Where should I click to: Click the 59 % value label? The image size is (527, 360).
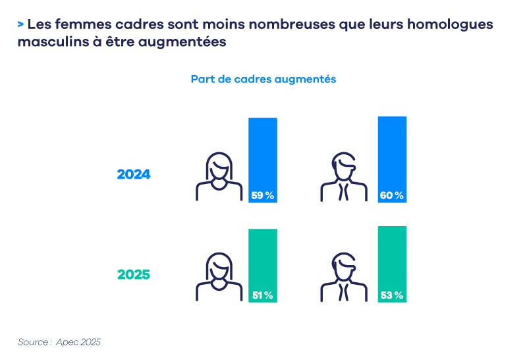pos(263,195)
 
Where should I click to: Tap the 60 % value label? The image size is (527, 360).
pos(392,195)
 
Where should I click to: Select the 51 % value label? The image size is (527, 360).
pos(263,295)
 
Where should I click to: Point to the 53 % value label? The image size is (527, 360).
pos(392,295)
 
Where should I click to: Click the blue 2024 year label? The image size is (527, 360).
pos(134,175)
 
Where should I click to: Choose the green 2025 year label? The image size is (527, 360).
pos(134,274)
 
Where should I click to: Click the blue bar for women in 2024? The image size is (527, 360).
pos(263,152)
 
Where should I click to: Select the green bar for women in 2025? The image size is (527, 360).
pos(263,257)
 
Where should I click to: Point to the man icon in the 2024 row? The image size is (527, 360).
pos(343,177)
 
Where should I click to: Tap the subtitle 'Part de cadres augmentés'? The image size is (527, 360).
pos(263,79)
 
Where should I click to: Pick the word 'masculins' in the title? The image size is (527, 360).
pos(47,42)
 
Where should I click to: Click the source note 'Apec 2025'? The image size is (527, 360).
pos(78,342)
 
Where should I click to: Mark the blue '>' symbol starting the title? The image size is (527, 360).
pos(21,25)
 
